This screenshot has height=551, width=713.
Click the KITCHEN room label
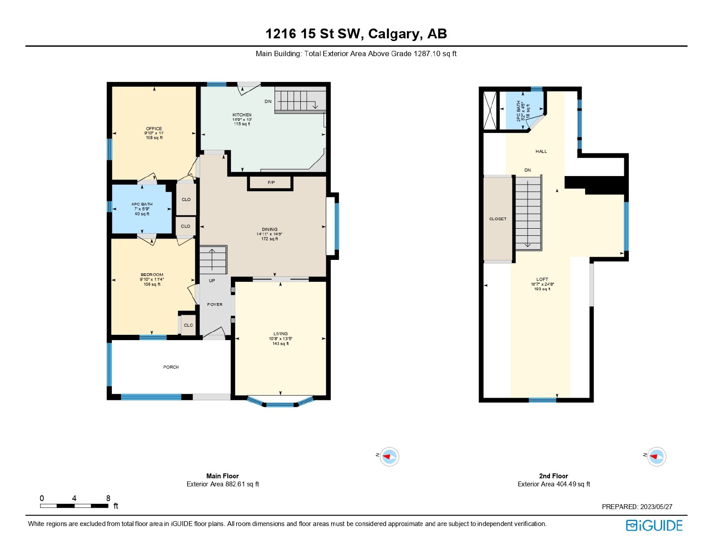point(242,115)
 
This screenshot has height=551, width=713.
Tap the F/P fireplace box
point(271,183)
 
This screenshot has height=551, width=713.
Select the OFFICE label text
point(154,128)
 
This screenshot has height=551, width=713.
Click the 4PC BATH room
point(142,209)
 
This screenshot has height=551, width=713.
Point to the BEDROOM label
point(152,275)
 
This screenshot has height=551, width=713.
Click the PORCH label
point(171,367)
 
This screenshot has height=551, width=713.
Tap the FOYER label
point(215,304)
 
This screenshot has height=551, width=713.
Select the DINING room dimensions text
point(269,234)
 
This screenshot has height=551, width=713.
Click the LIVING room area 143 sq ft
point(281,344)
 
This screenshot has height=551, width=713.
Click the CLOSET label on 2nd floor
point(498,219)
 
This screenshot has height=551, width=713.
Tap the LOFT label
point(542,280)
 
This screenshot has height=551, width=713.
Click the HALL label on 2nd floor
point(541,152)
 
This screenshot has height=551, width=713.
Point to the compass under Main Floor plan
point(389,456)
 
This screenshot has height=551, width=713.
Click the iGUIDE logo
point(654,526)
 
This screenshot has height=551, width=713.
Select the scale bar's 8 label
point(108,498)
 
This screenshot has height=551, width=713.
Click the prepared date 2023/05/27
point(656,507)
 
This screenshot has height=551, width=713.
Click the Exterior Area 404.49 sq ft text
point(553,484)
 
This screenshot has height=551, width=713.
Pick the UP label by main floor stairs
point(212,281)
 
